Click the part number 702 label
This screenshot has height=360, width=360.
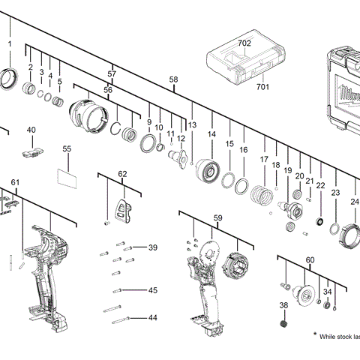[244, 43]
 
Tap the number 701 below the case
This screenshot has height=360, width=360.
[262, 87]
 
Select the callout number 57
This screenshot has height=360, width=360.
[112, 74]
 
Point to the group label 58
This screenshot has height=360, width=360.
[174, 79]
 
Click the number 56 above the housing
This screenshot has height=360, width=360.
[108, 90]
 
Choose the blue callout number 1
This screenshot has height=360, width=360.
[10, 43]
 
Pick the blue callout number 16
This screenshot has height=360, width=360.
[244, 150]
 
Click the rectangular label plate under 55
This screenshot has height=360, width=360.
[67, 177]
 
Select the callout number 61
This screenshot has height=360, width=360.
[16, 183]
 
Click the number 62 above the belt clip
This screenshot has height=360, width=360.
[123, 174]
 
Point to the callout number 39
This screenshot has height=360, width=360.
[152, 247]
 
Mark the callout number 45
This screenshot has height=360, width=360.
[152, 290]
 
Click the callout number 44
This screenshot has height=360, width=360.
[152, 318]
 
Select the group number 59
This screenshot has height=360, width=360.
[218, 218]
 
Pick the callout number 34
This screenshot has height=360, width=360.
[327, 292]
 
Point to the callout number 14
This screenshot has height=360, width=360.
[212, 134]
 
